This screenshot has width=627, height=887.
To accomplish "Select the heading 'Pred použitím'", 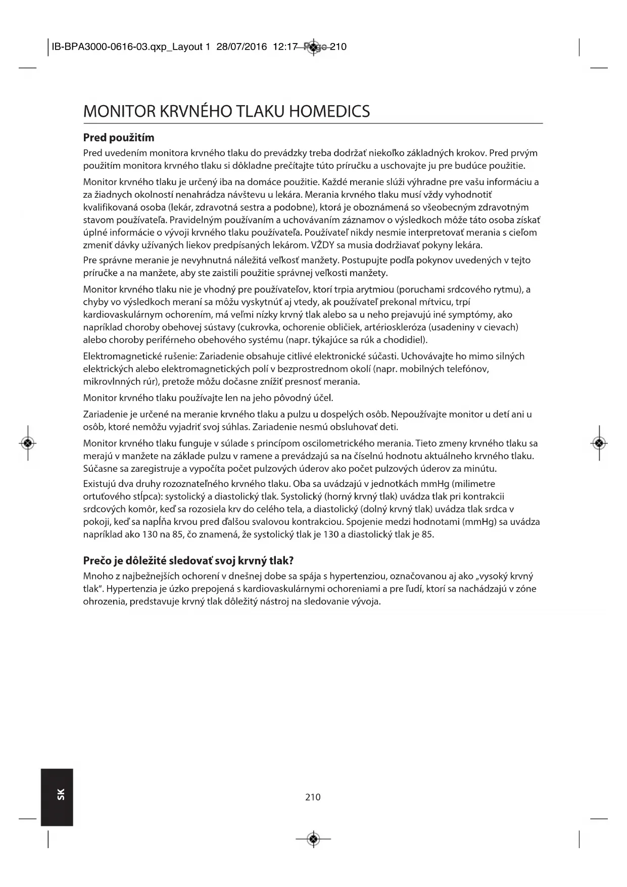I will (x=119, y=138).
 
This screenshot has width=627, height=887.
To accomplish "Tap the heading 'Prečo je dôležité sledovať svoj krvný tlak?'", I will (x=188, y=560).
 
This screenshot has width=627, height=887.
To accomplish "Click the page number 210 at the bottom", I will (x=313, y=797).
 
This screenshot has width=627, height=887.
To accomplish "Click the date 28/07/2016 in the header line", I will (x=242, y=47).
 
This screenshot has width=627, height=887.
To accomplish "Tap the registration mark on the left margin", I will (x=28, y=443).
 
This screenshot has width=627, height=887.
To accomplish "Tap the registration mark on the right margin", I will (x=599, y=443).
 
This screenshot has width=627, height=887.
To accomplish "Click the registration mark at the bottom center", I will (x=313, y=839).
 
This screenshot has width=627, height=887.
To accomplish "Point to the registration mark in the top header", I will (x=313, y=47).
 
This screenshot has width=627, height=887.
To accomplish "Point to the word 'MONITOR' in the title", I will (x=119, y=111).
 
